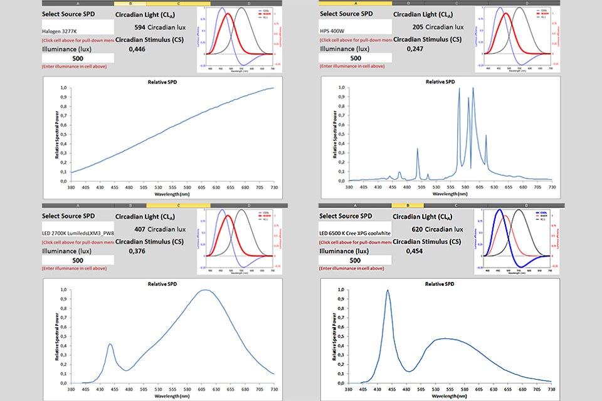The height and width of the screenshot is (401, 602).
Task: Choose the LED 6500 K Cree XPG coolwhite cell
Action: (356, 231)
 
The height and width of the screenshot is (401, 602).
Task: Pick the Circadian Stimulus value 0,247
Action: (415, 49)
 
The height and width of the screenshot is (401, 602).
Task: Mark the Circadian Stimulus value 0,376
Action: (137, 251)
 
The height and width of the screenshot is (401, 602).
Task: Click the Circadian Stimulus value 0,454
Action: (415, 251)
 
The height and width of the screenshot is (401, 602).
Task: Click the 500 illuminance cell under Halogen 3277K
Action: (78, 58)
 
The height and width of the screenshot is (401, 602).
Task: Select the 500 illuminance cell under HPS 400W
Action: (356, 58)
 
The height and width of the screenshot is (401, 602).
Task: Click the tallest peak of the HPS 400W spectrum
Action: (473, 88)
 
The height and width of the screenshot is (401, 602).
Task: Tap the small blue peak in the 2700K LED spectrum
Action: (110, 344)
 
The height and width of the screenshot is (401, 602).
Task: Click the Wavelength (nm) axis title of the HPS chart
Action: (439, 194)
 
